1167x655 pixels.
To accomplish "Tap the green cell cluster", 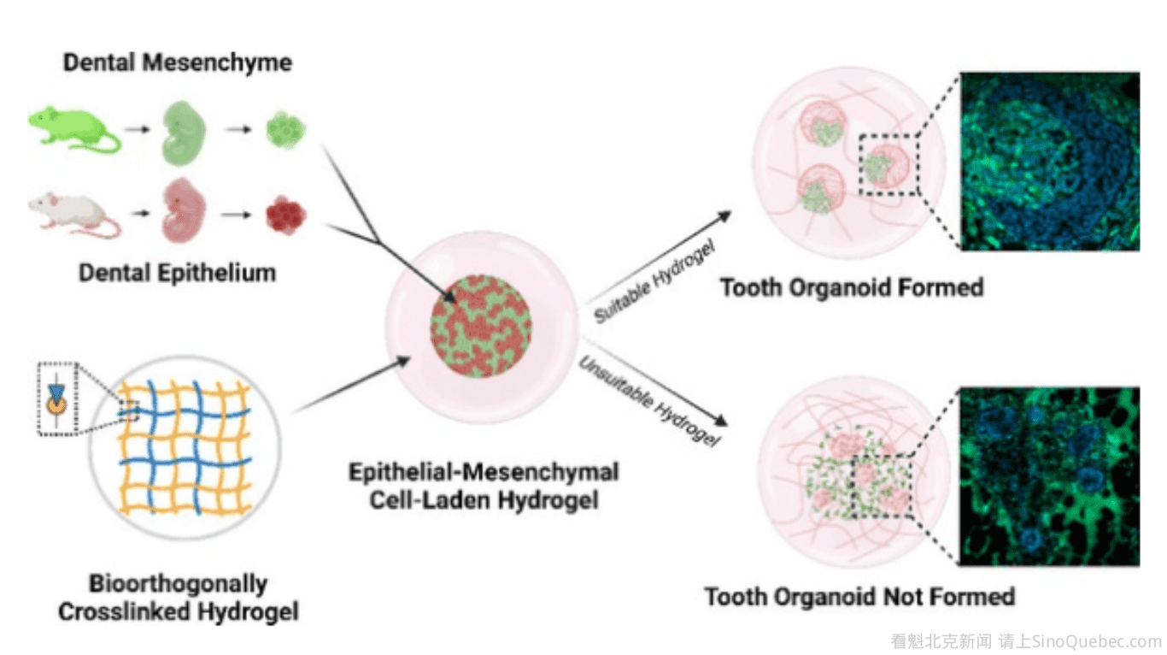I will tap(285, 129).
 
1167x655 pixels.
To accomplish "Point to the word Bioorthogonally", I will tap(178, 584).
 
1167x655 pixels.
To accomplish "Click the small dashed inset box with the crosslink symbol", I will tap(57, 398).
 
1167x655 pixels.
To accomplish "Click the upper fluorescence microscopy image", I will tap(1050, 162).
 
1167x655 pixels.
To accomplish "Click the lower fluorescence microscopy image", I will tap(1050, 476).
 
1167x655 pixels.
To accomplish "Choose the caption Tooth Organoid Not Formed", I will tap(859, 596).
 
